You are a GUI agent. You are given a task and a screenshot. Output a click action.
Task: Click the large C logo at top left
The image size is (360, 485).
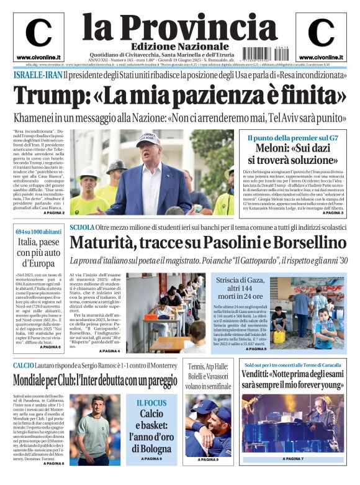(38, 34)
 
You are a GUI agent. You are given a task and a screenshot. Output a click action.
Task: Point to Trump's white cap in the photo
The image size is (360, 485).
(148, 138)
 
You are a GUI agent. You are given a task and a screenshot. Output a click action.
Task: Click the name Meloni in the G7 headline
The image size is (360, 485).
(272, 148)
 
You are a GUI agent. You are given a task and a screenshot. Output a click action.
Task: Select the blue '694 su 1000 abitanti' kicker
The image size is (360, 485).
(38, 232)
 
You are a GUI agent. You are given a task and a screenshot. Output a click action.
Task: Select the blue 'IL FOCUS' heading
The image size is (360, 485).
(151, 402)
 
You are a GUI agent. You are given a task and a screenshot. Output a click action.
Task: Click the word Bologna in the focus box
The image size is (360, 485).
(151, 448)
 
